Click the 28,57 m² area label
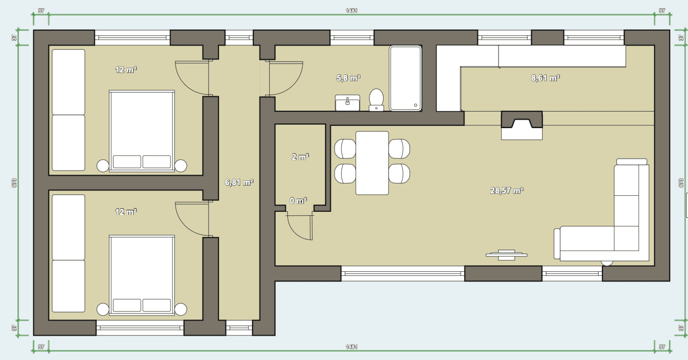[506, 190]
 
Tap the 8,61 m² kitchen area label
[545, 78]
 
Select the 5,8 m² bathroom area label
[348, 78]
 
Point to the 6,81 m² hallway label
[239, 182]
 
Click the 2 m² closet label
[300, 157]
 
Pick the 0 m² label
[298, 201]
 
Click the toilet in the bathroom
[376, 99]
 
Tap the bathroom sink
[347, 102]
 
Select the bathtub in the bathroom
[405, 78]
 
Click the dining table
[372, 163]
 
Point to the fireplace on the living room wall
[521, 125]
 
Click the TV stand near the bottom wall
[506, 255]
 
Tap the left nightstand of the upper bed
[103, 166]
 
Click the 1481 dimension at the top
[351, 11]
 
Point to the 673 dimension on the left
[14, 183]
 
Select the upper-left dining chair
[345, 149]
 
